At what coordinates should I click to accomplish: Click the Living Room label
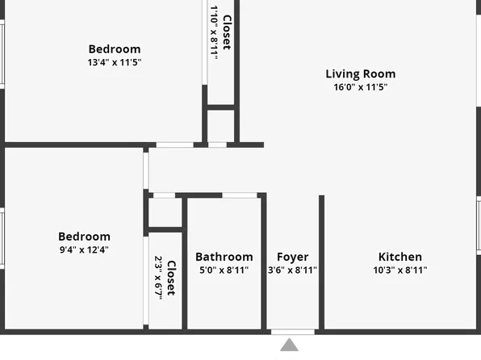(360, 73)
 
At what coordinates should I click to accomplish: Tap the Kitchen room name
(399, 257)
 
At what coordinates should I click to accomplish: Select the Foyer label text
(292, 257)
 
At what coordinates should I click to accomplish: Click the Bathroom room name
(224, 257)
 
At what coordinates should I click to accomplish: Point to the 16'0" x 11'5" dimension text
(360, 86)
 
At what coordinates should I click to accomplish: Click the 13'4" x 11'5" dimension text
(115, 62)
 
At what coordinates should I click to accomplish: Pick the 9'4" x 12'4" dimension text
(84, 249)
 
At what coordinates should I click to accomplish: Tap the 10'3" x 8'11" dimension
(399, 270)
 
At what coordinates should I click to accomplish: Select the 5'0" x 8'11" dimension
(224, 270)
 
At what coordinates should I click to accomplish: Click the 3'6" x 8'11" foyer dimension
(292, 270)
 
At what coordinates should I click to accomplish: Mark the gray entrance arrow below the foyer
(289, 345)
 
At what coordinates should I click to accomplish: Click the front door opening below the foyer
(292, 331)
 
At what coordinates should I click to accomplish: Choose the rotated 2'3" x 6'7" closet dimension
(158, 277)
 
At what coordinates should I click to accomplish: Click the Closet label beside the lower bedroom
(171, 277)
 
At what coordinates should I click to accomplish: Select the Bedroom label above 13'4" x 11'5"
(115, 49)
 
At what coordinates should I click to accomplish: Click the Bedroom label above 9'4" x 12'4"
(84, 237)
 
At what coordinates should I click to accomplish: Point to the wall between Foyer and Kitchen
(321, 262)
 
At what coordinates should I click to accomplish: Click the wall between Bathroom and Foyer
(263, 262)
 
